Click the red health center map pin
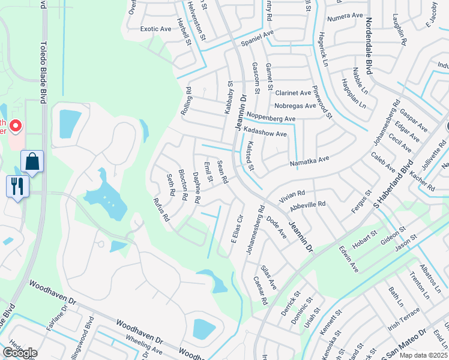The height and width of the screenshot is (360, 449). pyautogui.click(x=15, y=127)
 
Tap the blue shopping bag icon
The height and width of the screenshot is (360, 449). pyautogui.click(x=32, y=162)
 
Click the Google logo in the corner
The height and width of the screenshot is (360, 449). pyautogui.click(x=20, y=353)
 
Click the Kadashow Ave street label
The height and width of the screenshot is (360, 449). pyautogui.click(x=265, y=132)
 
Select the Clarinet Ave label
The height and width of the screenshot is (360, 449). pyautogui.click(x=293, y=93)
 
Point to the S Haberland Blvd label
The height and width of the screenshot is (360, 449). pyautogui.click(x=394, y=185)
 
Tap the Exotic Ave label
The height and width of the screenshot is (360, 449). pyautogui.click(x=156, y=29)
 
